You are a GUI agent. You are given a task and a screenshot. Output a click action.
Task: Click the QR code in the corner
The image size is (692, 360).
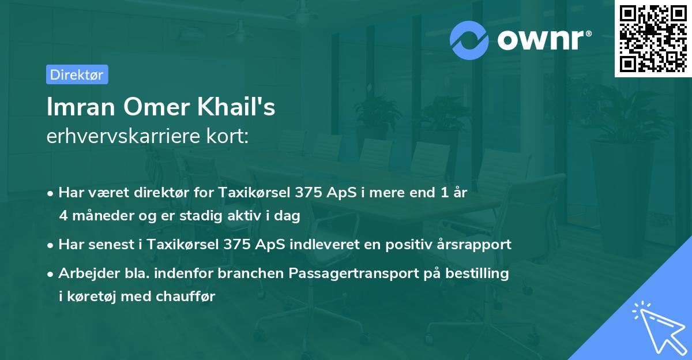[653, 38]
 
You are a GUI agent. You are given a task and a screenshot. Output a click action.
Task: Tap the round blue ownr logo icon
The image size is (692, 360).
[470, 40]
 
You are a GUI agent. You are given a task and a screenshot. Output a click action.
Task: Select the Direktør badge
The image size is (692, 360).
[77, 74]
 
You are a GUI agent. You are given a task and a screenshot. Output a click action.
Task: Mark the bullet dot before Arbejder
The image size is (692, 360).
[51, 274]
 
